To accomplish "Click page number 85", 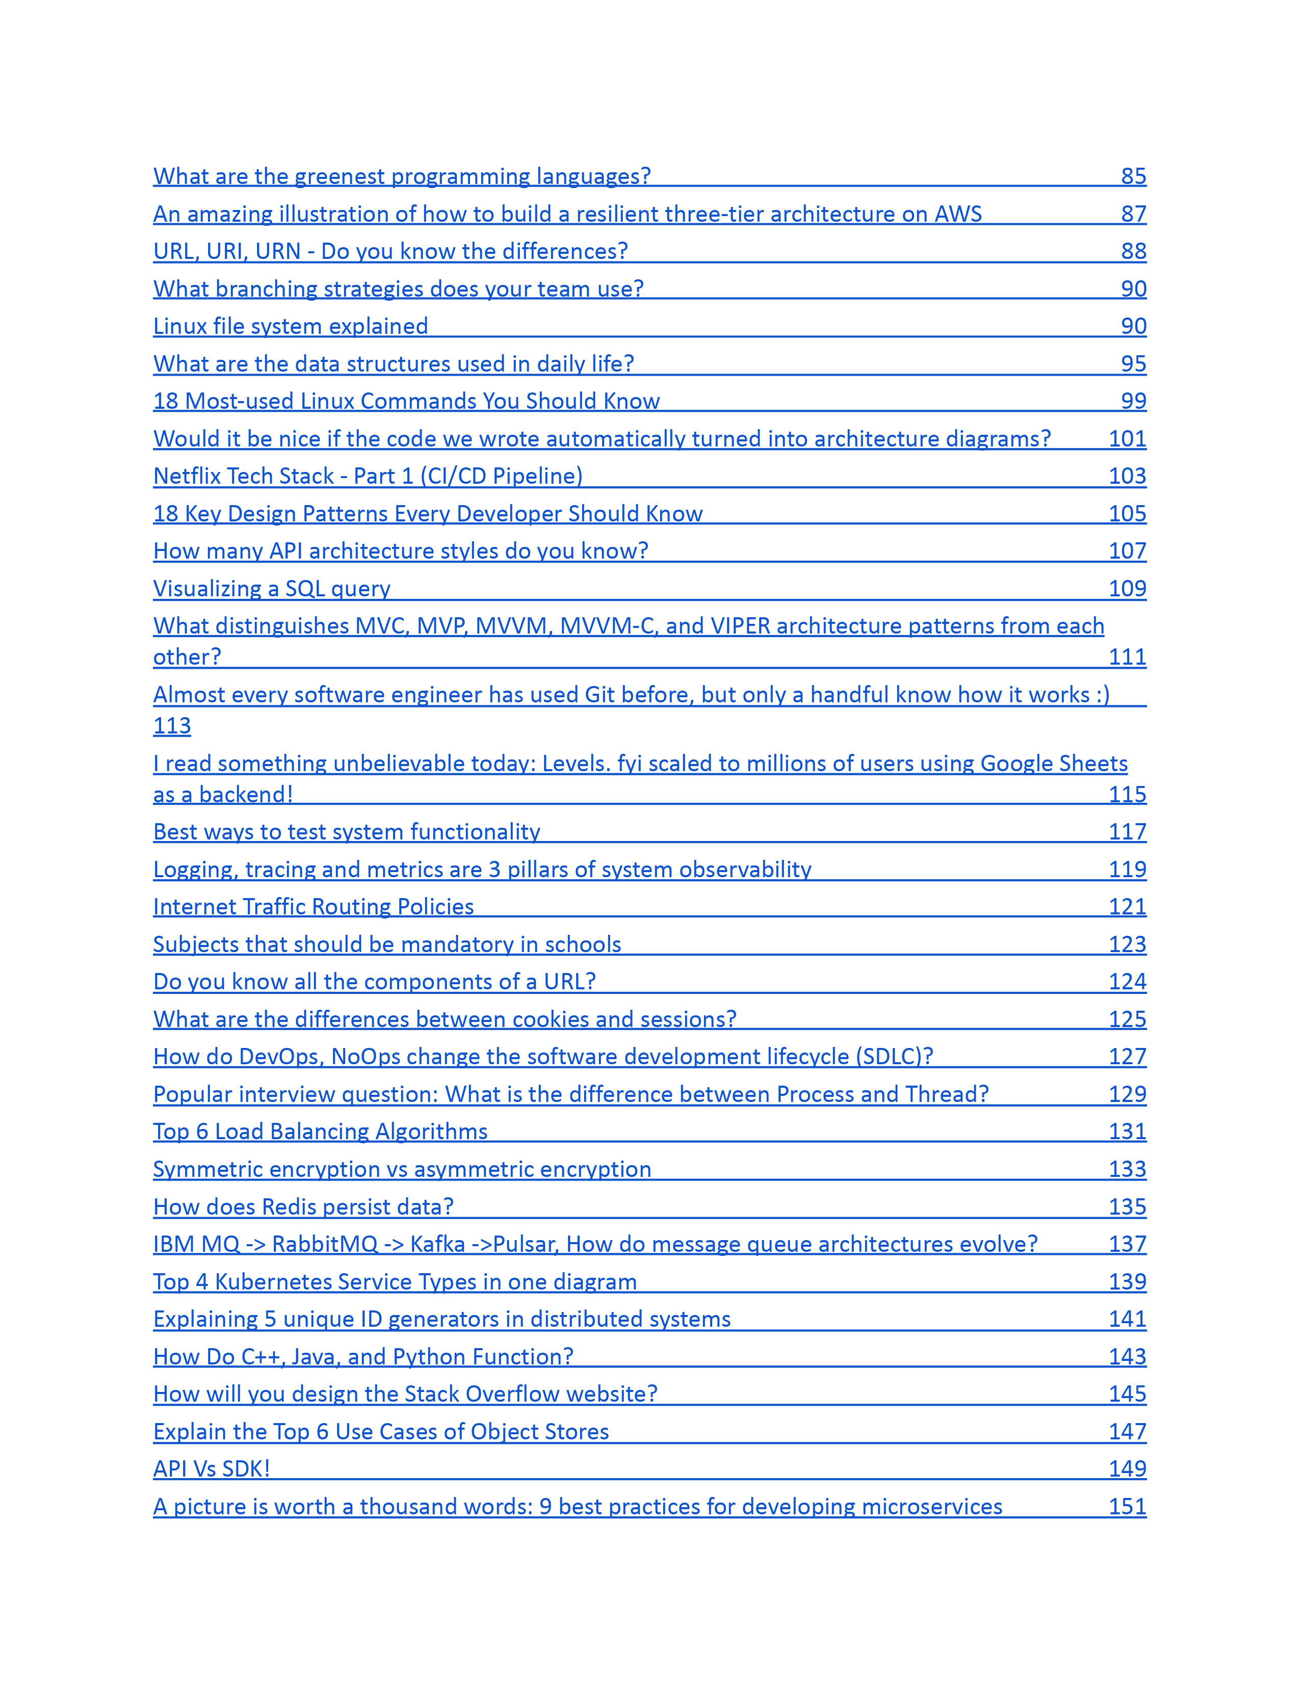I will coord(1133,176).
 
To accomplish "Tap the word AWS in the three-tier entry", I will coord(958,214).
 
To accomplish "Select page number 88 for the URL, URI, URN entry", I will coord(1133,251).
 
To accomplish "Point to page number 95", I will coord(1133,363).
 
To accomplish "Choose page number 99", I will coord(1133,401).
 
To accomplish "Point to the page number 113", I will coord(172,725).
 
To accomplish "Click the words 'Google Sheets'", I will coord(1054,763).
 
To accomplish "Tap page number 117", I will coord(1127,832).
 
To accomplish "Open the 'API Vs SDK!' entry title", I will coord(212,1468).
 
